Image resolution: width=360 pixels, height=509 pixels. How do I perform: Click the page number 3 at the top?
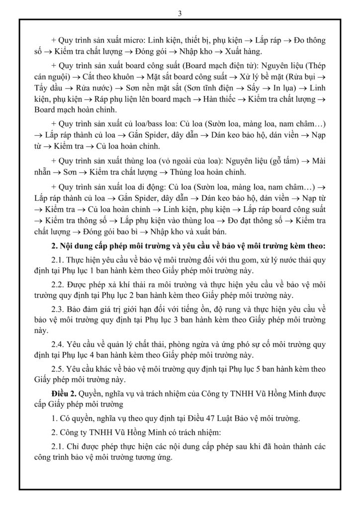click(x=180, y=13)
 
